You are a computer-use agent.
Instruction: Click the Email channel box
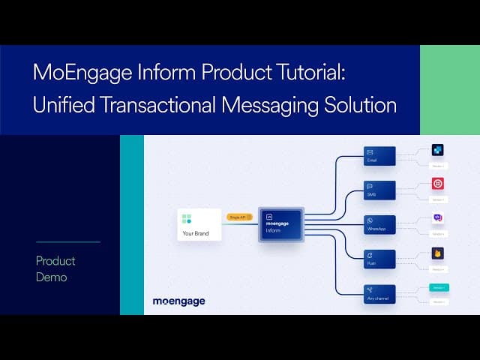[379, 155]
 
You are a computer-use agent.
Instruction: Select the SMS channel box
[379, 190]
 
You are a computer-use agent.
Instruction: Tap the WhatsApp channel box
[379, 224]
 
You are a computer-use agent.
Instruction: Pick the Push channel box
[379, 259]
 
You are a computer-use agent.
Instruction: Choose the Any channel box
[379, 293]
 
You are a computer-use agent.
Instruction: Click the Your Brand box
[199, 224]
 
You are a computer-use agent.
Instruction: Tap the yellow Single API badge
[239, 217]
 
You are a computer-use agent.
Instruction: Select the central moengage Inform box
[280, 224]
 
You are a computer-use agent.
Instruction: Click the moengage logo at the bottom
[178, 301]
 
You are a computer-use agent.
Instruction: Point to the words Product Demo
[56, 268]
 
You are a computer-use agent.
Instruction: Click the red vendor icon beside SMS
[438, 184]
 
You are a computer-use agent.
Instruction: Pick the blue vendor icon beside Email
[438, 150]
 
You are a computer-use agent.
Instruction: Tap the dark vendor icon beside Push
[438, 253]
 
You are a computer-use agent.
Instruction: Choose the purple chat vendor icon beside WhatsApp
[438, 218]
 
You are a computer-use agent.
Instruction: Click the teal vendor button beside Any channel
[439, 287]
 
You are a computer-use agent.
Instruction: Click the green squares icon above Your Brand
[187, 219]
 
